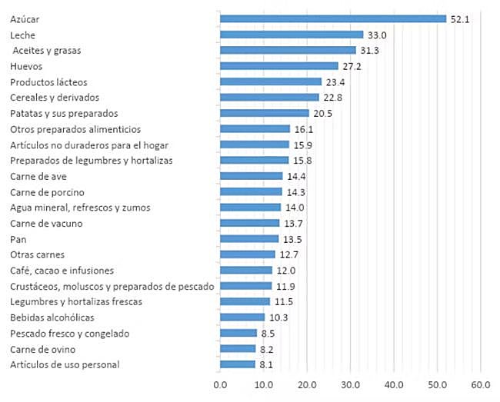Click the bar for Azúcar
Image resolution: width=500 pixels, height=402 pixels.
[332, 18]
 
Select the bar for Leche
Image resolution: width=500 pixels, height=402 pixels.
[291, 35]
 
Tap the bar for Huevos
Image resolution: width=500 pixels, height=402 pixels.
[278, 66]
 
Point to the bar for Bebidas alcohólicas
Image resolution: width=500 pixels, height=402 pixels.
[242, 317]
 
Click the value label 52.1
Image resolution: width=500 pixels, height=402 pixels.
[459, 18]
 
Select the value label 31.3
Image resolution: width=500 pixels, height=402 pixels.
[368, 50]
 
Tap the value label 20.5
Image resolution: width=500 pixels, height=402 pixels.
[322, 113]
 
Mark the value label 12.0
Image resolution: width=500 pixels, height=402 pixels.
[285, 270]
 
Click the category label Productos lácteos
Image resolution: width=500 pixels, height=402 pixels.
[49, 81]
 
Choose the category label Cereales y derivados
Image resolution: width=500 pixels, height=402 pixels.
[55, 98]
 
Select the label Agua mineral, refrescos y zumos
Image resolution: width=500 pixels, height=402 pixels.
[80, 208]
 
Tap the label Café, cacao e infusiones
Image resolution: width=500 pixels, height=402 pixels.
[62, 270]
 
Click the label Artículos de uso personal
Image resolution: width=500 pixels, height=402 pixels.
[65, 364]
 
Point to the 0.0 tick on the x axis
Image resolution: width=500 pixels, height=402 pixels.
[220, 384]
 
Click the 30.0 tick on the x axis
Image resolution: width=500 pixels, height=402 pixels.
[351, 384]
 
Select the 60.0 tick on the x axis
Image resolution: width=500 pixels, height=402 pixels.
[481, 384]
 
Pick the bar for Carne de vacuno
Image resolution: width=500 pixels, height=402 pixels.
[249, 223]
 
